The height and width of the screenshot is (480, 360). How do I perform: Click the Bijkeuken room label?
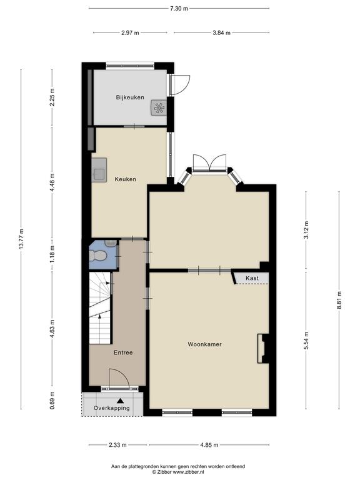(130, 97)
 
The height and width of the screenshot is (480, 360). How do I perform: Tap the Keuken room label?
(125, 179)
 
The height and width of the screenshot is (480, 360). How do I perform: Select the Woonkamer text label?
(204, 344)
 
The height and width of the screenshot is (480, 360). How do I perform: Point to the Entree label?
(123, 352)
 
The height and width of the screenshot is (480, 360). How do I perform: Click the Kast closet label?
(252, 278)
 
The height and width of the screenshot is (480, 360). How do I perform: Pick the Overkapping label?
(112, 408)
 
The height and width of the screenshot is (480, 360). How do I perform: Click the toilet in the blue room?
(97, 256)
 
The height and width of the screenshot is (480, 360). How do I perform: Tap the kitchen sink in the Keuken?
(99, 170)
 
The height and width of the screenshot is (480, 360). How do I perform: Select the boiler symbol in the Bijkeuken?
(159, 107)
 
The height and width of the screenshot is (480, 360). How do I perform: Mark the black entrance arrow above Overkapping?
(120, 401)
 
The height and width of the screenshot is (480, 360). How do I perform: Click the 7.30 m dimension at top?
(179, 9)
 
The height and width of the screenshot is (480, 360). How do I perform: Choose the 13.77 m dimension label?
(21, 239)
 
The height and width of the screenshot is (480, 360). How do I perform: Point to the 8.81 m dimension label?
(339, 301)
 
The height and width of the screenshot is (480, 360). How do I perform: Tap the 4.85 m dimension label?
(209, 445)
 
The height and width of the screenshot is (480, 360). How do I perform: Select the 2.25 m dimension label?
(52, 97)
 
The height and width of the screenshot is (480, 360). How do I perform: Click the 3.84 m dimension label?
(222, 32)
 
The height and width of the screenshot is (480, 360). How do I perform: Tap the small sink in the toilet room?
(111, 243)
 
